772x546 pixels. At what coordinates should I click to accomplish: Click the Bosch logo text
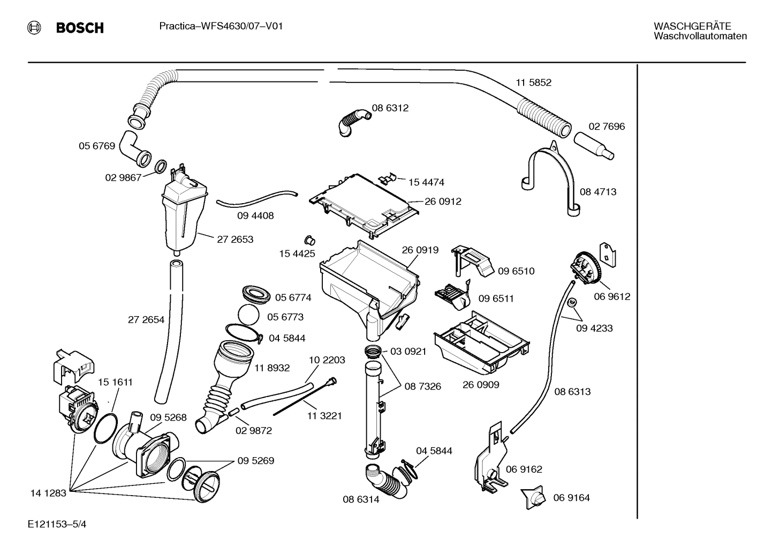pyautogui.click(x=80, y=28)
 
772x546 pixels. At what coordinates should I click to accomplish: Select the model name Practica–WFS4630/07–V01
pyautogui.click(x=221, y=26)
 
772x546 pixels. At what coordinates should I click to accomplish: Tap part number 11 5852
pyautogui.click(x=533, y=83)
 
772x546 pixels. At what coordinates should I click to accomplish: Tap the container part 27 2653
pyautogui.click(x=183, y=214)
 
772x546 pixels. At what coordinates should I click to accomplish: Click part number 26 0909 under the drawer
pyautogui.click(x=481, y=385)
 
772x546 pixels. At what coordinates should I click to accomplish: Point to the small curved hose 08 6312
pyautogui.click(x=353, y=121)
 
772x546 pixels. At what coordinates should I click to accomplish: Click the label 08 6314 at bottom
pyautogui.click(x=361, y=499)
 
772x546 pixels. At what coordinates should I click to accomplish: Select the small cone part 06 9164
pyautogui.click(x=534, y=498)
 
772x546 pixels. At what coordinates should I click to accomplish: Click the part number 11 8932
pyautogui.click(x=272, y=368)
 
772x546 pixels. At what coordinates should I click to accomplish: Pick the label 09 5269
pyautogui.click(x=256, y=460)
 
